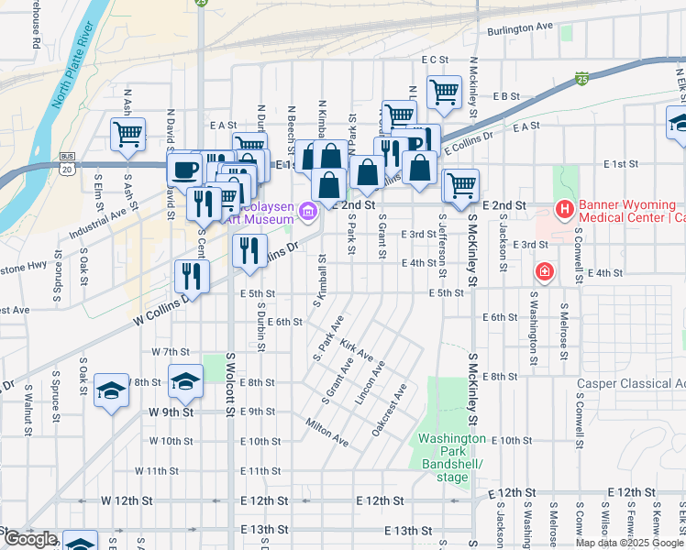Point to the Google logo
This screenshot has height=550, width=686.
[30, 540]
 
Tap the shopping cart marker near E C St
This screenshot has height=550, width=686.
[444, 92]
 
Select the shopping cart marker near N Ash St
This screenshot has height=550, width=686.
[127, 133]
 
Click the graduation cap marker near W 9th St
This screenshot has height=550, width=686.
[185, 381]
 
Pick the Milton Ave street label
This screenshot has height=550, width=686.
[327, 431]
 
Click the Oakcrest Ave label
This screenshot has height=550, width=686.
[390, 415]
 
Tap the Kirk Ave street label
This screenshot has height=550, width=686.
[356, 348]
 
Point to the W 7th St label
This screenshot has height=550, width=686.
[170, 352]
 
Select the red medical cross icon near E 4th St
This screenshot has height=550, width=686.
[545, 272]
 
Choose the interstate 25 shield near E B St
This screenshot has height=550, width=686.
[581, 80]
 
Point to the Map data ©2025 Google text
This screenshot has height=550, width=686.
[628, 543]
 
